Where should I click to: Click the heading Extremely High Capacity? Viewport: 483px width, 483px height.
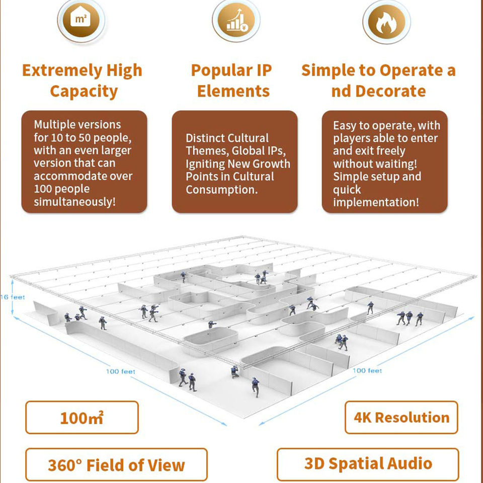coord(83,80)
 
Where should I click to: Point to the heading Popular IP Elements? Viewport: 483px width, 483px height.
coord(232,80)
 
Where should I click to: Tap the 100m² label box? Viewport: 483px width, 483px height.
coord(82,418)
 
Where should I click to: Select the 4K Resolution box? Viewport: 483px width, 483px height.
coord(401,417)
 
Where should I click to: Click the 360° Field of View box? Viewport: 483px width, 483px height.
coord(116,465)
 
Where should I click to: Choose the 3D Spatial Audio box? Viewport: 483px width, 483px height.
coord(368,463)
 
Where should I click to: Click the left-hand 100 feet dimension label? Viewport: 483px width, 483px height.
coord(120,371)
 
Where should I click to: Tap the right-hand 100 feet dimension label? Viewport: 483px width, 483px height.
coord(367,370)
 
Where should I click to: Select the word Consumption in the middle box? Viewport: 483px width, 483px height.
coord(221,190)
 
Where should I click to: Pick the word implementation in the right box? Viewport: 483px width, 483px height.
coord(375,202)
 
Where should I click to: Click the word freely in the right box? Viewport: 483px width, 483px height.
coord(389,150)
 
